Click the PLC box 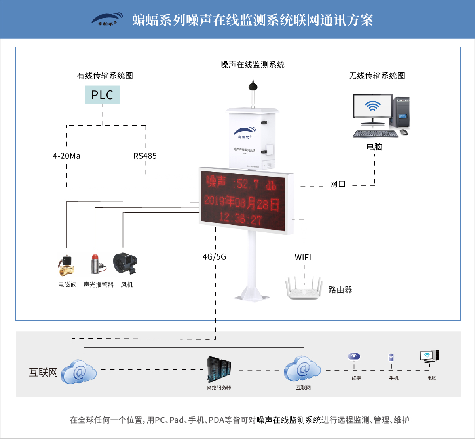point(102,95)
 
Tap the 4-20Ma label point(66,156)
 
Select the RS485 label point(145,156)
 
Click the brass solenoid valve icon point(66,265)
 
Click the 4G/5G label point(214,257)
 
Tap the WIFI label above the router point(303,258)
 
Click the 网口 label point(338,184)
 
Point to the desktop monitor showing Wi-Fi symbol point(372,106)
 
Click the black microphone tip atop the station point(253,85)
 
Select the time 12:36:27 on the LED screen point(240,218)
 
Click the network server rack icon point(219,369)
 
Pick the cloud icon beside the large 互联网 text point(79,372)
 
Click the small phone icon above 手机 point(391,358)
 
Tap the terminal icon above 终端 point(354,357)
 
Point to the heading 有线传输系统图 point(105,76)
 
